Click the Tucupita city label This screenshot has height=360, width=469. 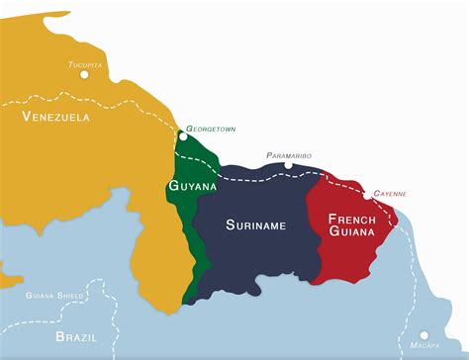(x=85, y=64)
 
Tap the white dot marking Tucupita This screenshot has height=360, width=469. (x=85, y=73)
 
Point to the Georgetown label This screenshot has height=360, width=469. (x=211, y=129)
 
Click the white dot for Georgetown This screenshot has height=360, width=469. (x=182, y=136)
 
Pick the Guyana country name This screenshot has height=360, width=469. (x=192, y=185)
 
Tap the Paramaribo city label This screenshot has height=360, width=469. (x=288, y=156)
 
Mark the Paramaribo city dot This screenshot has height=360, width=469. (x=288, y=166)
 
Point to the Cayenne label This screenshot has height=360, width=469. (x=389, y=194)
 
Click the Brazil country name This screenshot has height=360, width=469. (x=77, y=337)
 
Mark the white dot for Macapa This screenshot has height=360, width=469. (x=423, y=335)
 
